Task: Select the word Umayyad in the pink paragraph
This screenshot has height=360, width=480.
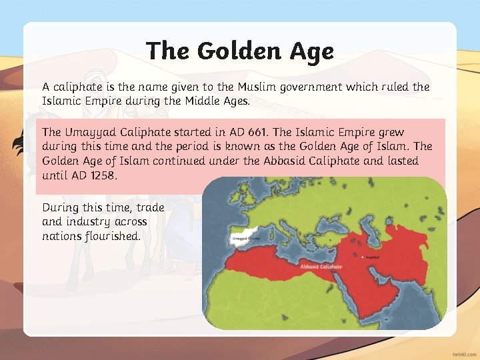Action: pos(89,133)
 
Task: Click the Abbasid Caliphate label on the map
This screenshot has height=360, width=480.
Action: pos(321,266)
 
